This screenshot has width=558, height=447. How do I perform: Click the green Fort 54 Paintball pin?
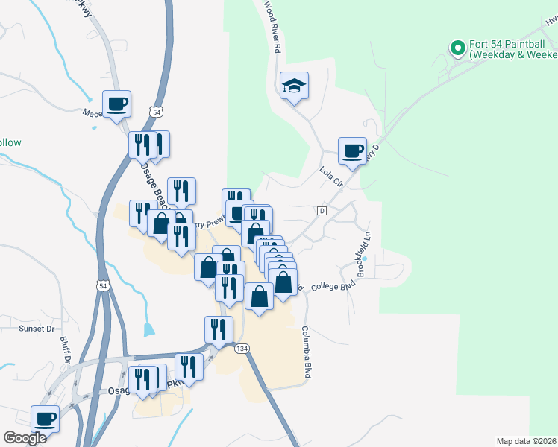(458, 49)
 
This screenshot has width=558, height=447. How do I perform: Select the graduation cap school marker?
(295, 86)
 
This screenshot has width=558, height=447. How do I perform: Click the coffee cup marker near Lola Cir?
(352, 150)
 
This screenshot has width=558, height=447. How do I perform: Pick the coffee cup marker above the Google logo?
(46, 418)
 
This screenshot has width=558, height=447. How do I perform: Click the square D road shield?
(322, 211)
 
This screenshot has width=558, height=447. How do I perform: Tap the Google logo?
(25, 438)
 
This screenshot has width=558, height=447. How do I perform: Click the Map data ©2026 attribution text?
(526, 440)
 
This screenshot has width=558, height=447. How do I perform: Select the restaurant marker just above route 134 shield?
(218, 329)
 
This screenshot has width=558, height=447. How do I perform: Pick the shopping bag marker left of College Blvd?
(283, 283)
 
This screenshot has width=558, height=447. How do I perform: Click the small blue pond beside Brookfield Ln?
(365, 259)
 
